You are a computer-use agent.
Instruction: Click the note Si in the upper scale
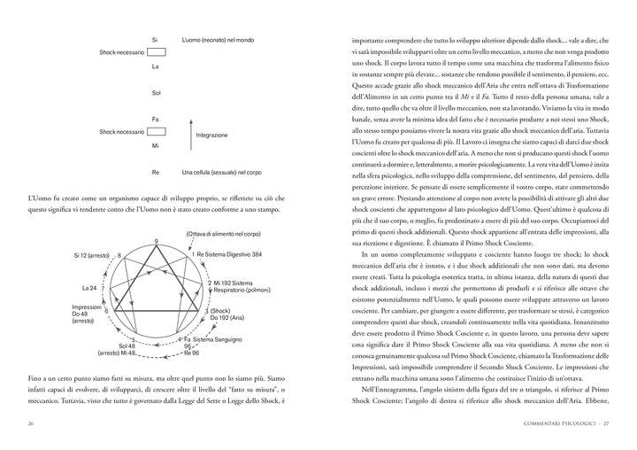[155, 40]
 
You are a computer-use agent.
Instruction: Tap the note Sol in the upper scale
[156, 92]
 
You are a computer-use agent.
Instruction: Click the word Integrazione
[212, 136]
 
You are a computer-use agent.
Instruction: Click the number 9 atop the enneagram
[156, 243]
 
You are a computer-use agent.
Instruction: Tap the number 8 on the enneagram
[119, 255]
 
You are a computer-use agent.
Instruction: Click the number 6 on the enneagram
[106, 311]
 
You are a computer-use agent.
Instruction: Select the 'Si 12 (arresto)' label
[93, 255]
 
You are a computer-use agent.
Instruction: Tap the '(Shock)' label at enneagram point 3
[219, 311]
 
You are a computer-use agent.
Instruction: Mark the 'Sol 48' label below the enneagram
[127, 345]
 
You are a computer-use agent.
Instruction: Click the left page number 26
[31, 424]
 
